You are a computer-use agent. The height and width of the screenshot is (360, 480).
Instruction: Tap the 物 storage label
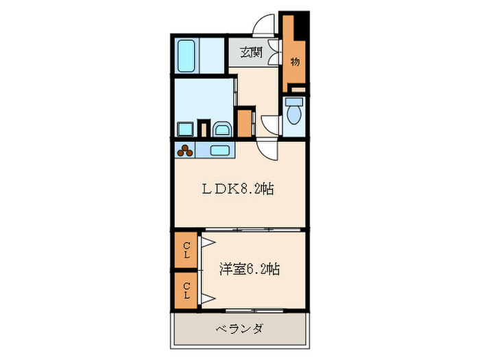(x=295, y=62)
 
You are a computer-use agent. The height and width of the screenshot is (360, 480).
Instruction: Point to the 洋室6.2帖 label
(x=249, y=269)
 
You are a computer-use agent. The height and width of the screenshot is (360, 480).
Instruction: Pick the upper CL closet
(x=186, y=250)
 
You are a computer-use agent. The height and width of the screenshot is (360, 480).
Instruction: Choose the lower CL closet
(x=186, y=289)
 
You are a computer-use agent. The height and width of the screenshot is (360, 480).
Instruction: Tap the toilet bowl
(x=294, y=115)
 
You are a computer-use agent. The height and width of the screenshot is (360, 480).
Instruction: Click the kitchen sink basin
(x=220, y=151)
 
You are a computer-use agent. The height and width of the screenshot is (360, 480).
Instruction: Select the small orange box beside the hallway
(x=244, y=122)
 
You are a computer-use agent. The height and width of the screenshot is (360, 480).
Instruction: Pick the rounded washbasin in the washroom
(x=221, y=130)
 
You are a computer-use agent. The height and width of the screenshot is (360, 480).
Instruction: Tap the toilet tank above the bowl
(x=294, y=101)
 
